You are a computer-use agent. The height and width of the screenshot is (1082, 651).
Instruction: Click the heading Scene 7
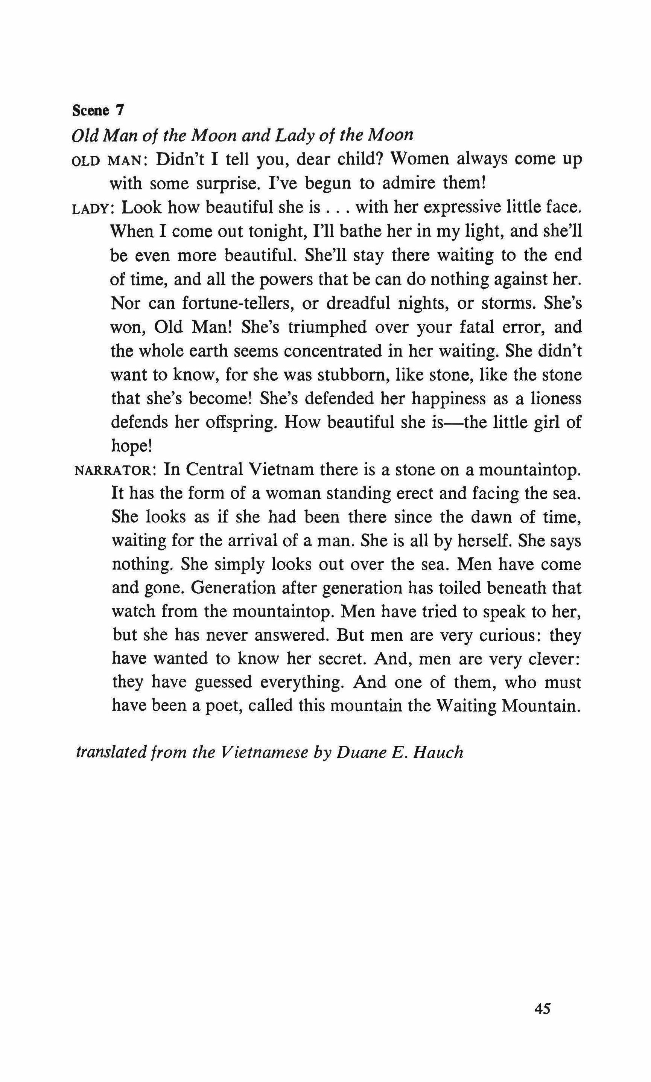click(x=97, y=111)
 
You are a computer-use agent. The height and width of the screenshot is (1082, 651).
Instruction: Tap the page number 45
click(x=542, y=997)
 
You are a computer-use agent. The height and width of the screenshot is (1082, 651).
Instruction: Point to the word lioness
click(x=556, y=398)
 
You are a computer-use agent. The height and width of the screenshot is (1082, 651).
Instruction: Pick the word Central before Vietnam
click(x=214, y=470)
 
